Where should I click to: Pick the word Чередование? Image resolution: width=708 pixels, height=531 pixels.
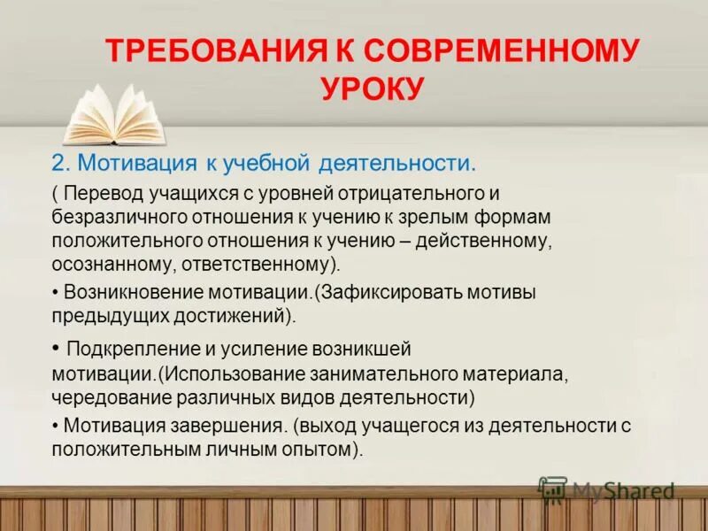point(102,396)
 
